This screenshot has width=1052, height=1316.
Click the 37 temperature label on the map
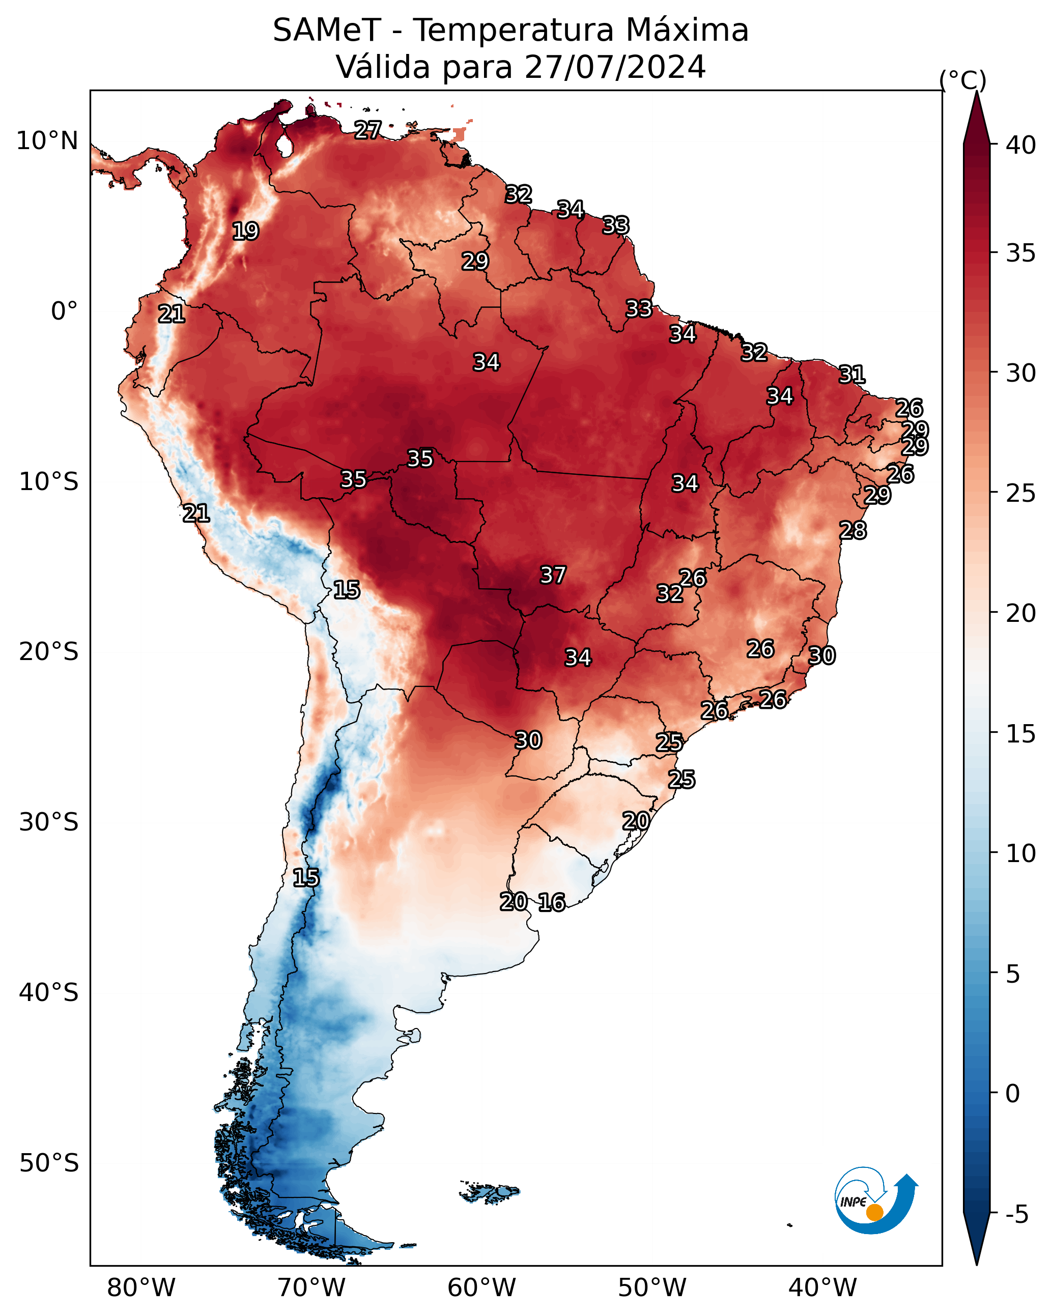(x=553, y=575)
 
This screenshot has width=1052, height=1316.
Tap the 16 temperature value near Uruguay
(x=551, y=902)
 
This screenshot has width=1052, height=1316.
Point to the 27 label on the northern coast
(x=367, y=130)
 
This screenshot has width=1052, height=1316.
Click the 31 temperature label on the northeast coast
(x=852, y=374)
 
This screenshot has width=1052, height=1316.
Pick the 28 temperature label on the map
(x=853, y=530)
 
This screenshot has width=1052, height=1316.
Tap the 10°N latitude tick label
(x=47, y=141)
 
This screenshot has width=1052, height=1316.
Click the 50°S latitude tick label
(x=49, y=1163)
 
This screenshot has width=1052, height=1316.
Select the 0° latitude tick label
(x=65, y=311)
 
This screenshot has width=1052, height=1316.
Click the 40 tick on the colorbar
(x=1021, y=145)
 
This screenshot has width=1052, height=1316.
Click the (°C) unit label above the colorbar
(x=963, y=80)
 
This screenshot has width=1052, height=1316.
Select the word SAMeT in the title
(x=327, y=31)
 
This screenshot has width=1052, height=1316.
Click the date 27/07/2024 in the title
(x=615, y=67)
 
